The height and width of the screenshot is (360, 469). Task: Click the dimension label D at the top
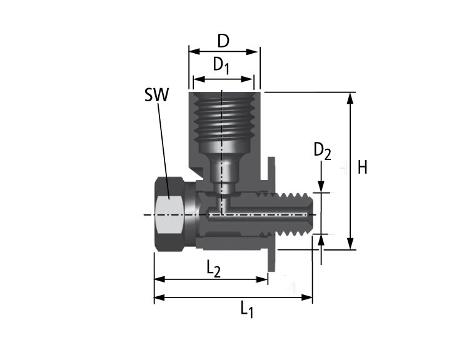coord(223,41)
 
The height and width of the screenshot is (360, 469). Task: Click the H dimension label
coord(362,167)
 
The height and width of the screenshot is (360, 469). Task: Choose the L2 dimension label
coord(214,268)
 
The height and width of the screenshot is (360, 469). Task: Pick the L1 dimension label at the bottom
coord(247,308)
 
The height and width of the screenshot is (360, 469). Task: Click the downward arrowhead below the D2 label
coord(321,187)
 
